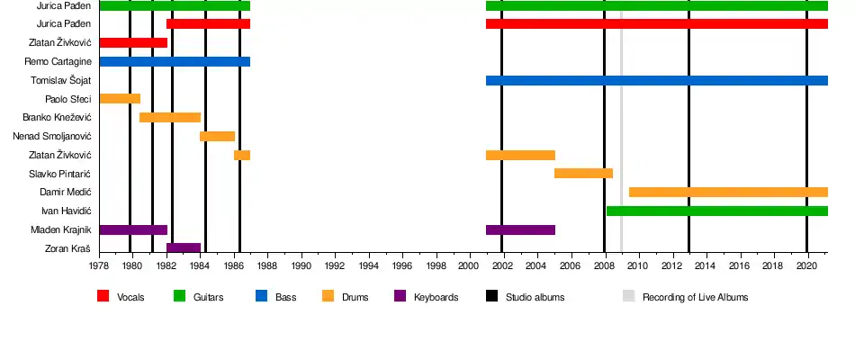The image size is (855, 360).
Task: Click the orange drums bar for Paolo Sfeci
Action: (x=120, y=99)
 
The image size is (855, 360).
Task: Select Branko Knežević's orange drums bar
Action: (x=170, y=118)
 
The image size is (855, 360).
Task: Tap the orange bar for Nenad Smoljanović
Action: (x=217, y=137)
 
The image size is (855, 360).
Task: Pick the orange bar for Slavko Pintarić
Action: (x=583, y=174)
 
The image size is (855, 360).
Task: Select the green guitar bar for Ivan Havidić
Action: (x=716, y=211)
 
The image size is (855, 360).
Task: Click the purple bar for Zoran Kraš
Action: (x=184, y=248)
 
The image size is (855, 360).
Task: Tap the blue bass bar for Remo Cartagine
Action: (x=175, y=62)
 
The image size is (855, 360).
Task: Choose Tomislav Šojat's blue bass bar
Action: (x=656, y=81)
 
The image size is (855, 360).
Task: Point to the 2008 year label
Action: (x=604, y=266)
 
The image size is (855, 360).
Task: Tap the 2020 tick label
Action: (x=806, y=266)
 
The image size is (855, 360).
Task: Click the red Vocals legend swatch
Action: (x=103, y=296)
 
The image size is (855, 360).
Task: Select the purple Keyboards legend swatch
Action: (x=400, y=296)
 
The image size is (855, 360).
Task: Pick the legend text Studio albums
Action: (x=535, y=297)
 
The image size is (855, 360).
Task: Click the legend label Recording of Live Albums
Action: (x=695, y=297)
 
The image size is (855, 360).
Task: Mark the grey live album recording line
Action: (x=621, y=135)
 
